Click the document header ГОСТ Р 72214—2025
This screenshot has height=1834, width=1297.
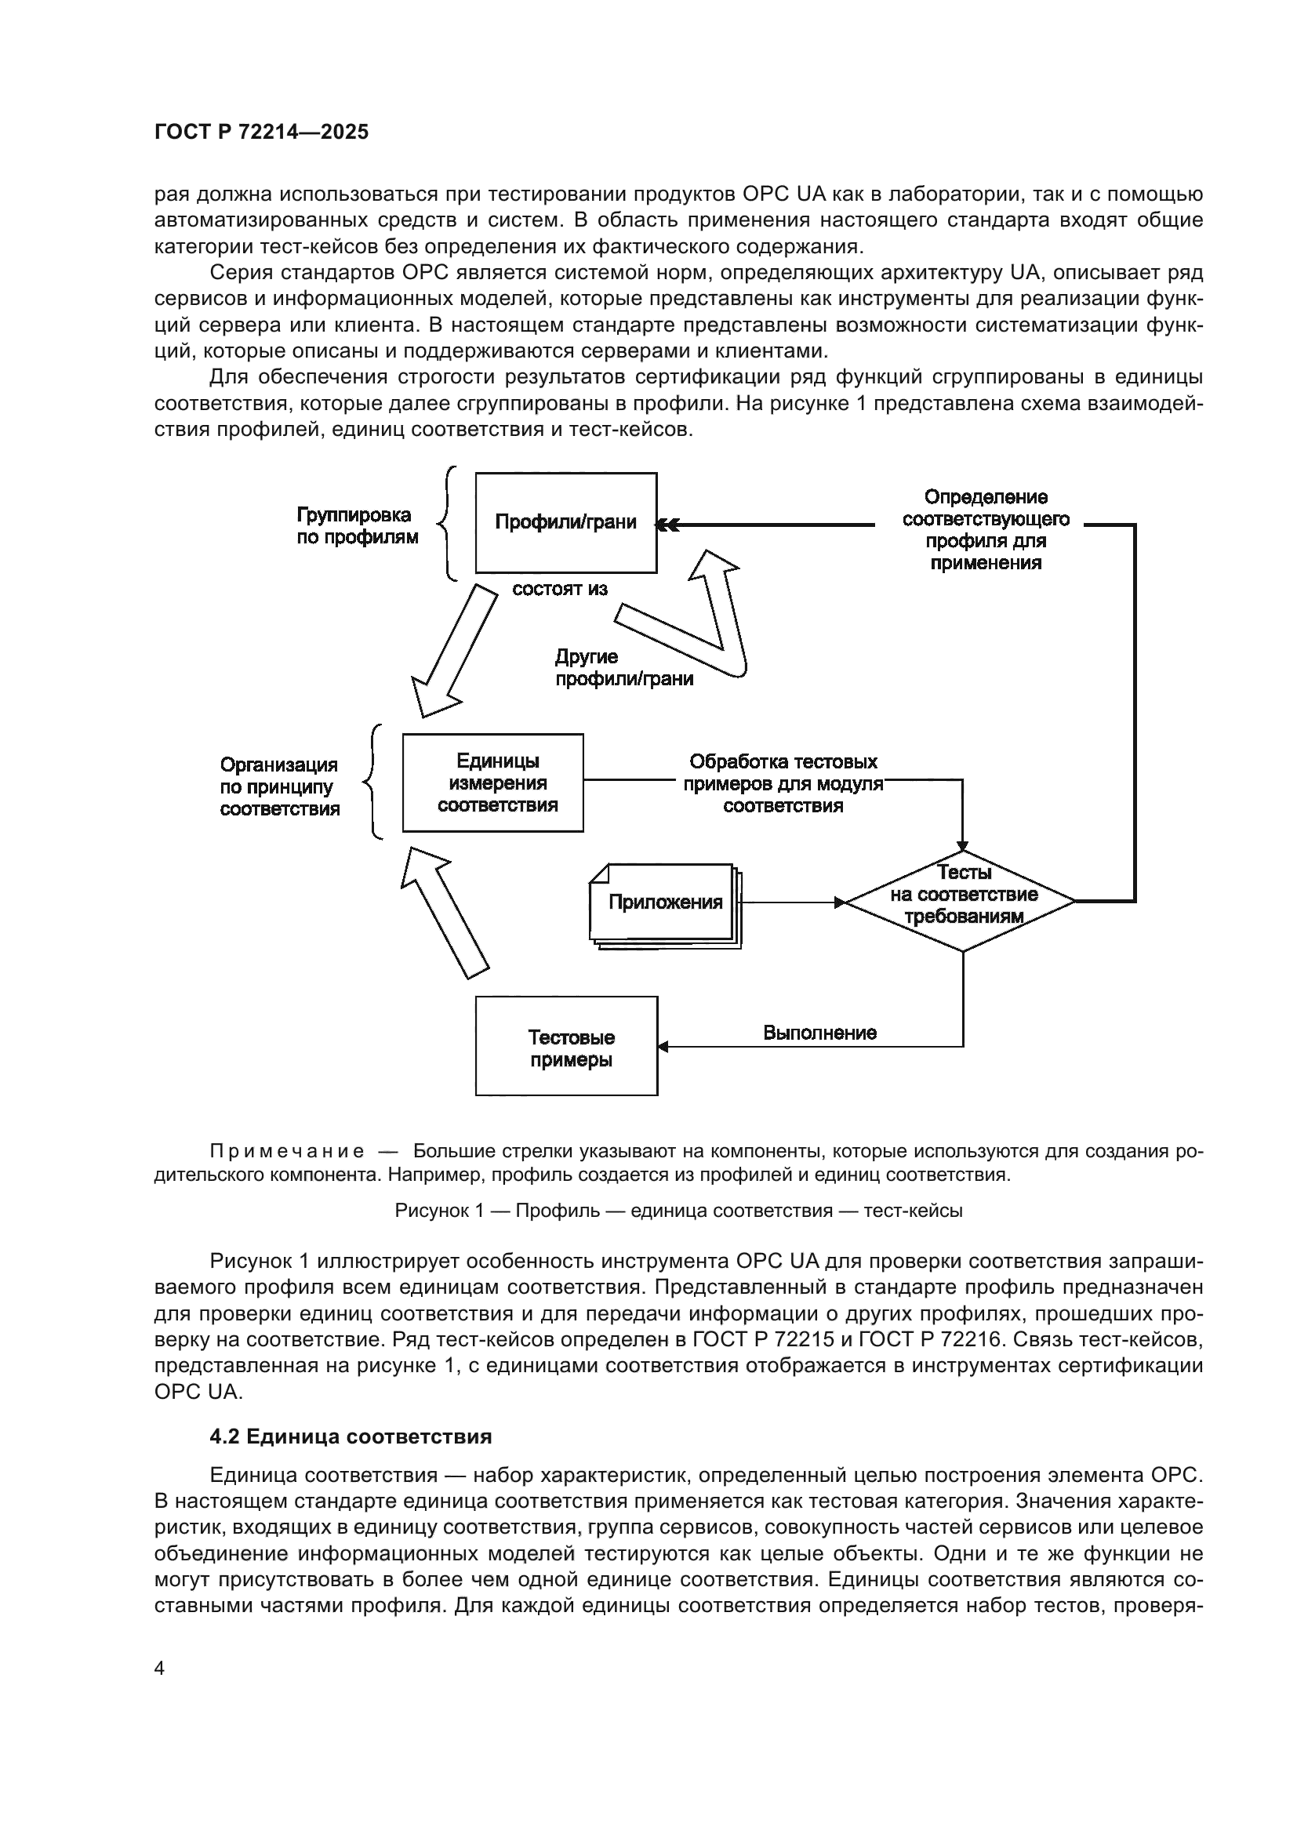point(261,133)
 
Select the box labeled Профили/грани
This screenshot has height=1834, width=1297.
point(565,522)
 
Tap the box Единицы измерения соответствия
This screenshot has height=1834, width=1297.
point(492,782)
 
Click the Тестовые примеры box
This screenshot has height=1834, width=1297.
point(566,1046)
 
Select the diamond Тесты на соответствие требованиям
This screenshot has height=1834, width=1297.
point(961,901)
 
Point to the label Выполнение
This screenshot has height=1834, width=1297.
point(819,1033)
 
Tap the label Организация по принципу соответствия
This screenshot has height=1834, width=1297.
point(279,786)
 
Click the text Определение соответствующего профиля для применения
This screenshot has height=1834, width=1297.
point(986,529)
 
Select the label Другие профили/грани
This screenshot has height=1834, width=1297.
point(623,668)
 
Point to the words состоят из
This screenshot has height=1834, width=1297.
point(559,590)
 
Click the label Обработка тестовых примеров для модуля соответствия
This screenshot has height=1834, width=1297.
point(783,783)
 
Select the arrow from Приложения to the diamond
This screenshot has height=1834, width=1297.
point(790,902)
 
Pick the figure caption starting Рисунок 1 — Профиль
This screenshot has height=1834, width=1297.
point(678,1210)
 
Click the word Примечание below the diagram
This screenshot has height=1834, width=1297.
point(287,1152)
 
